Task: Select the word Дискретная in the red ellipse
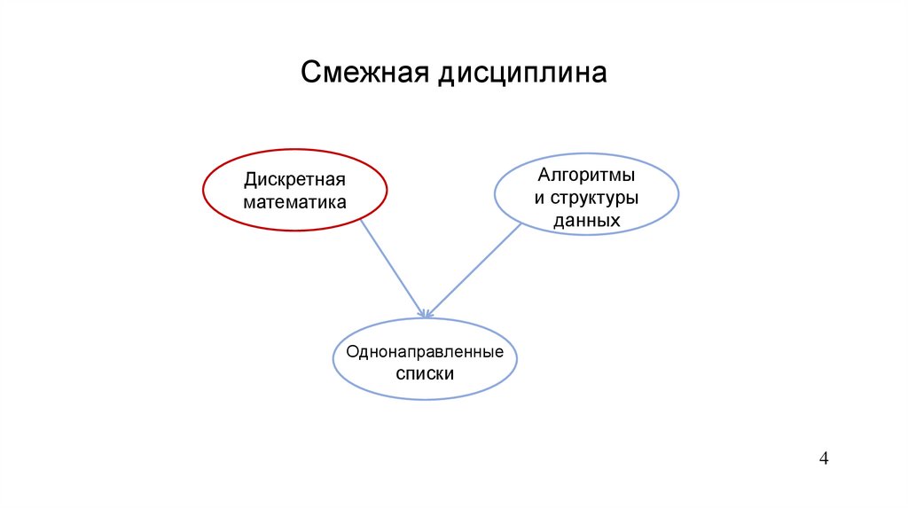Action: coord(295,180)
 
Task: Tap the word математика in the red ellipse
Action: coord(295,201)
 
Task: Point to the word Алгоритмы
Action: coord(586,176)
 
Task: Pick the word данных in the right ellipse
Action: coord(586,219)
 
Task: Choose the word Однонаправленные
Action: coord(425,353)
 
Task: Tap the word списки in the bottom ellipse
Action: coord(425,374)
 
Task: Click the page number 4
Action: coord(824,458)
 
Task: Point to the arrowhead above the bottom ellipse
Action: coord(426,312)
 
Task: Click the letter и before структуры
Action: coord(538,198)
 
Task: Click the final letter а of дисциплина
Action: coord(599,74)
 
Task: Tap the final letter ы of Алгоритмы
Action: coord(629,176)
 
